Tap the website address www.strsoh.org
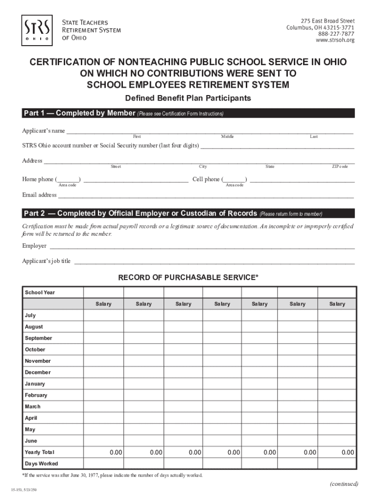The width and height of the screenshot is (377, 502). [x=335, y=40]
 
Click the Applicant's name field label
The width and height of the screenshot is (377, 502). [x=44, y=131]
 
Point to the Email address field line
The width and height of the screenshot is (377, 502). [x=206, y=197]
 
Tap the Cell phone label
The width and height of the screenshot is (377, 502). [x=206, y=179]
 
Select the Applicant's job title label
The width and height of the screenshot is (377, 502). [x=47, y=261]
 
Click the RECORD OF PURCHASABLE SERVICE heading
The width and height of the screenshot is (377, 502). [x=188, y=278]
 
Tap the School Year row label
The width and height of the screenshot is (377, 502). [x=40, y=293]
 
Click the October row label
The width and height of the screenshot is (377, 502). [x=35, y=350]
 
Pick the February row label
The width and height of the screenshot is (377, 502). [x=36, y=395]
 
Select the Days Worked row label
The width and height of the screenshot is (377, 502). [x=41, y=463]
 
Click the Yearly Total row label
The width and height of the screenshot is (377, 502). [x=40, y=452]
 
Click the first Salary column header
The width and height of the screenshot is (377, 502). [x=103, y=304]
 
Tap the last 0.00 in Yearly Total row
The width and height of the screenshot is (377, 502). [x=348, y=452]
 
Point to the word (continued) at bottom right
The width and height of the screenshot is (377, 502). [x=344, y=484]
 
